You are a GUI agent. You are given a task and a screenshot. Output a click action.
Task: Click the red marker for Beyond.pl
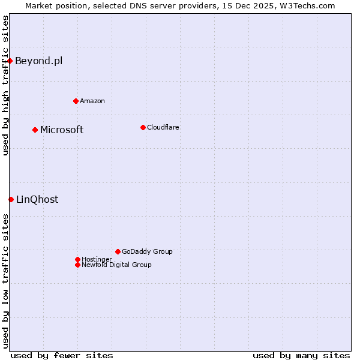(x=10, y=61)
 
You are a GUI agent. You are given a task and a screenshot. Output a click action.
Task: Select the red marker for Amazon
(x=76, y=101)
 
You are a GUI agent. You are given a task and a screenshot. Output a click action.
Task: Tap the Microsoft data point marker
(x=35, y=130)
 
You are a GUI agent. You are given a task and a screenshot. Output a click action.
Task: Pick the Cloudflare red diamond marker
(x=143, y=127)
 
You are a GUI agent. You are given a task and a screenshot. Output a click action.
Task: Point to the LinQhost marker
(x=11, y=199)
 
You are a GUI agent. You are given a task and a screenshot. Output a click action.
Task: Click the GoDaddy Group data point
(x=118, y=251)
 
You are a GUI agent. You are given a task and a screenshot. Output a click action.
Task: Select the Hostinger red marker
(x=77, y=259)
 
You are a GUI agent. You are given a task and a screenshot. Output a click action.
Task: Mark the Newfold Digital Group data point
(x=77, y=265)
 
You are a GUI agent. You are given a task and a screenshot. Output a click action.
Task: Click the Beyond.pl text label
(x=38, y=61)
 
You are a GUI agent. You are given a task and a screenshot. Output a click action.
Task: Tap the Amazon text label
(x=92, y=101)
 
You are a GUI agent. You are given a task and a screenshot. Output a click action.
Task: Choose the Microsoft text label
(x=62, y=130)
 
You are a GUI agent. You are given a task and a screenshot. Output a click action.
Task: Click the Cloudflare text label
(x=163, y=127)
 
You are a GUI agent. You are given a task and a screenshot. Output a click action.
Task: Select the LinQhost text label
(x=37, y=199)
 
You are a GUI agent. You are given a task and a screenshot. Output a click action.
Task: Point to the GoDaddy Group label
(x=147, y=251)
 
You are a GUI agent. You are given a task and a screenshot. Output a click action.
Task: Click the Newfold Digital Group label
(x=116, y=265)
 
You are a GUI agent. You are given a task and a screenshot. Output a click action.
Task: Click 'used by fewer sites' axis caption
(x=62, y=355)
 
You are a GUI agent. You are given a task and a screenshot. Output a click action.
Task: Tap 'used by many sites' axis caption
(x=301, y=355)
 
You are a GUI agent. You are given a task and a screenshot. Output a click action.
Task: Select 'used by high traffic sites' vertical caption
(x=5, y=85)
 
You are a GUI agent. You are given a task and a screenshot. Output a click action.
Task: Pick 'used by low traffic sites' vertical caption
(x=5, y=281)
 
